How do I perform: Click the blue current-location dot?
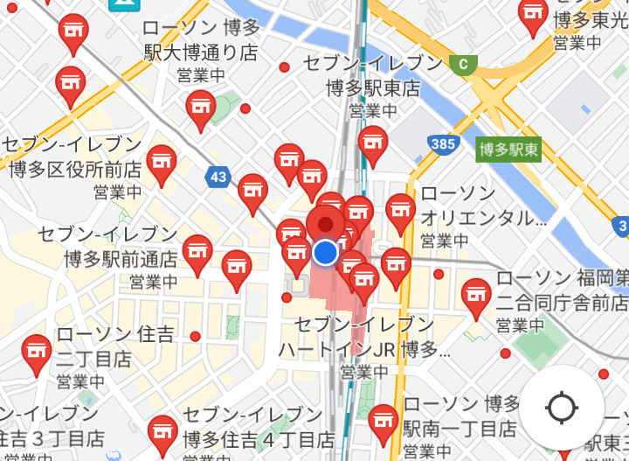click(x=325, y=253)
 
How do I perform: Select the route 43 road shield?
click(x=219, y=178)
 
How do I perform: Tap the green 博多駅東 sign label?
click(x=509, y=150)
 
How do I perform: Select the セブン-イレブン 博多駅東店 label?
click(x=373, y=76)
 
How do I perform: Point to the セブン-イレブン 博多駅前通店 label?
click(x=108, y=247)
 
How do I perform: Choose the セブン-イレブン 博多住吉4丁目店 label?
click(x=259, y=427)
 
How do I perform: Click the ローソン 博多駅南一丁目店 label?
click(x=462, y=416)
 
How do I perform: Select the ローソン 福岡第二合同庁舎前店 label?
click(x=561, y=291)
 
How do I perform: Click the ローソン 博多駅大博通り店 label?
click(x=201, y=40)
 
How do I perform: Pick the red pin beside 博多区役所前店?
click(x=162, y=162)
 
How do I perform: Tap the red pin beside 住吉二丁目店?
click(x=37, y=352)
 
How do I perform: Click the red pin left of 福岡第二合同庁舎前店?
click(x=476, y=296)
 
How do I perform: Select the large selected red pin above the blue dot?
click(x=326, y=223)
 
